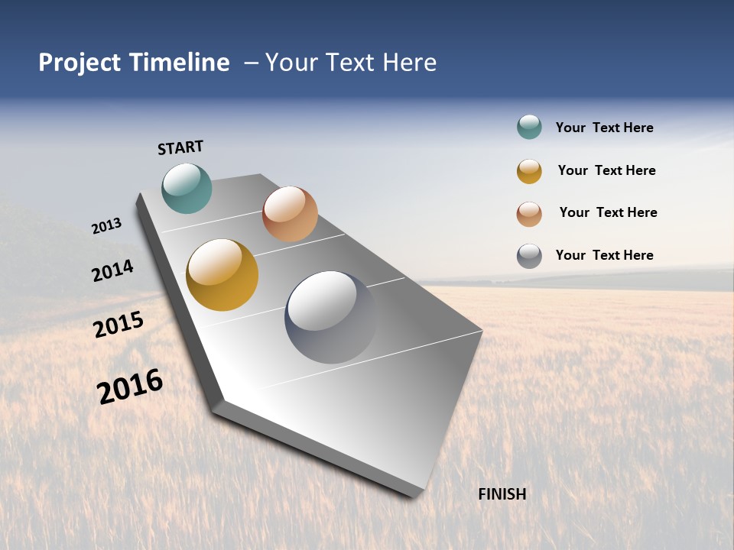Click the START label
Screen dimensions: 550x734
(180, 147)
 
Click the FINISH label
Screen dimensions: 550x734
(502, 494)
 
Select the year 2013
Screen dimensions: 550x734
(107, 225)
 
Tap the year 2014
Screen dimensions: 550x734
(112, 270)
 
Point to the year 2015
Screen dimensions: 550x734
(119, 325)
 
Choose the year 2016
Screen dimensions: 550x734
(130, 387)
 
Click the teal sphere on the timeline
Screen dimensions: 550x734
(187, 188)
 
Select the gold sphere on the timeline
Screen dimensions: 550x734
(222, 275)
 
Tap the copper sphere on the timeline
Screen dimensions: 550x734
(290, 214)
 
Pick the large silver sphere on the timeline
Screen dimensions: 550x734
(331, 316)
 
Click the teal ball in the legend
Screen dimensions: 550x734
(529, 128)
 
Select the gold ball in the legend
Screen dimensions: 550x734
(529, 171)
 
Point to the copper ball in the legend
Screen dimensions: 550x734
(529, 213)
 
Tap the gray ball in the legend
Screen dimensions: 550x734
(529, 256)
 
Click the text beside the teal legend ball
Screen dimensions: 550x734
(604, 128)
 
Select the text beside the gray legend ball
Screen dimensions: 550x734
(604, 255)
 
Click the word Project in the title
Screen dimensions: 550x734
(80, 63)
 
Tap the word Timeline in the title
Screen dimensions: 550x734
(179, 62)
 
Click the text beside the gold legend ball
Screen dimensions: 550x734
(606, 170)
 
